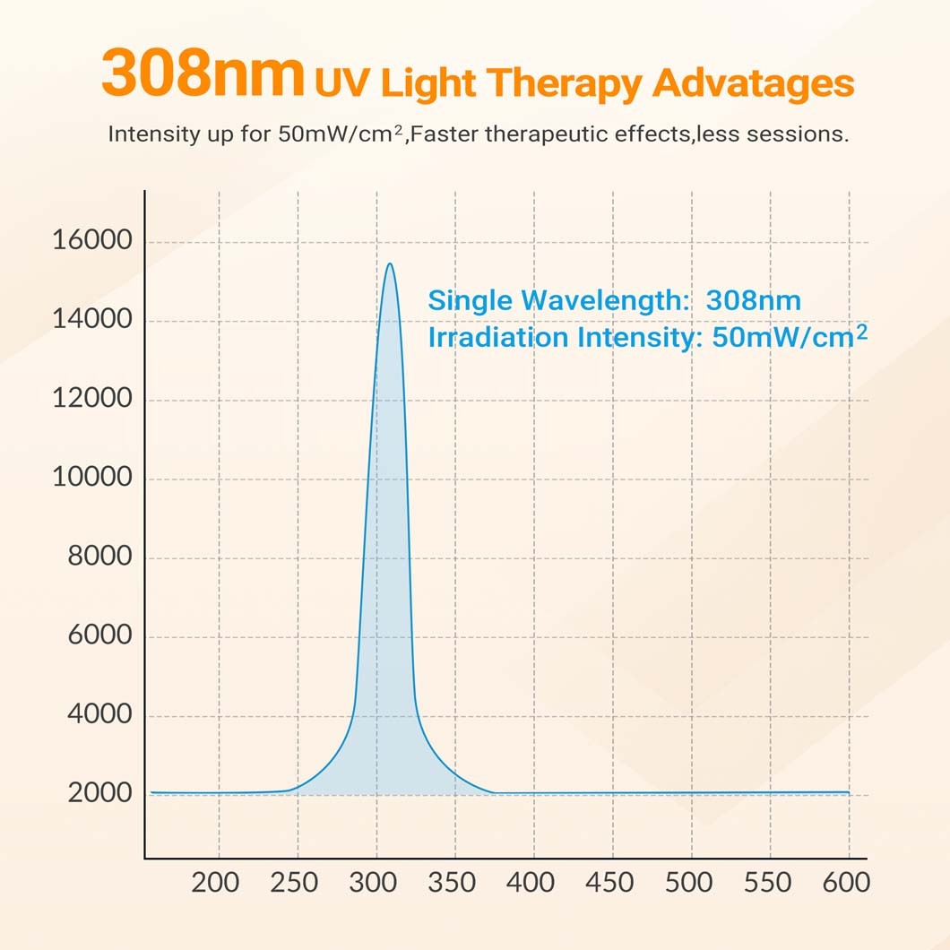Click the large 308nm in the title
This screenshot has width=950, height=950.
(203, 76)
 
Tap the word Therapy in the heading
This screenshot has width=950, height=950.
(567, 83)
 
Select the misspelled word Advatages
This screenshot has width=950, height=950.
(753, 83)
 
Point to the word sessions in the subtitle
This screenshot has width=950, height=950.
(798, 134)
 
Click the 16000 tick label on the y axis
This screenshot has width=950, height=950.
(92, 241)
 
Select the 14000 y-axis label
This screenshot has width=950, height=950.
(92, 320)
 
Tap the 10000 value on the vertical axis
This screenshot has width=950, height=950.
(92, 478)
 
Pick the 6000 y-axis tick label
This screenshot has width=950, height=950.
(100, 635)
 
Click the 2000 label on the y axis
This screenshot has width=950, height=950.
(100, 793)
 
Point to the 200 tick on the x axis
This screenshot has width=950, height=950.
(216, 883)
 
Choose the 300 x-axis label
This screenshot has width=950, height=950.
(374, 883)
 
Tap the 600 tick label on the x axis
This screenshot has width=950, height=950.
(845, 883)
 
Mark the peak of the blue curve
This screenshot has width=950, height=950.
(390, 263)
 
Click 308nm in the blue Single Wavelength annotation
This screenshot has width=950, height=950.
(753, 300)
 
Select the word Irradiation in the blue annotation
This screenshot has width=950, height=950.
(498, 338)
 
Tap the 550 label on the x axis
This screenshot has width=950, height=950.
(767, 883)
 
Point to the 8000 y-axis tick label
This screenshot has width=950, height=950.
(100, 557)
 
